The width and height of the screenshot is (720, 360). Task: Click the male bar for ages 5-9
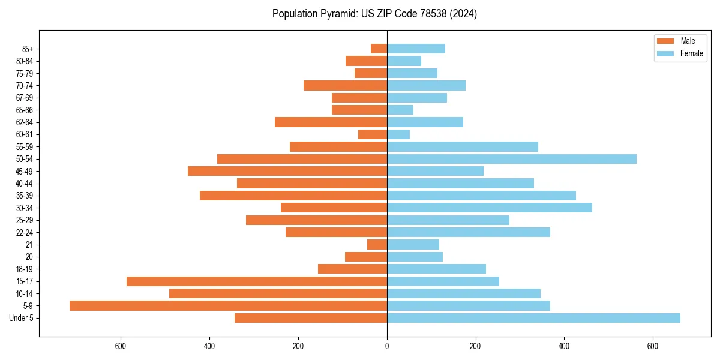[x=228, y=305]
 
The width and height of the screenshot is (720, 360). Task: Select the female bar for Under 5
[x=533, y=318]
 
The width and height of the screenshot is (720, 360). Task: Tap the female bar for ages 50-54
[x=511, y=159]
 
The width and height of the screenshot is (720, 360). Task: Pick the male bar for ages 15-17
[x=257, y=281]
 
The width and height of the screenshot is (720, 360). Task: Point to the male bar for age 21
[x=377, y=244]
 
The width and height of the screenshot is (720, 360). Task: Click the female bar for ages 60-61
[x=398, y=134]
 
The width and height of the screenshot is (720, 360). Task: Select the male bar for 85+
[x=379, y=49]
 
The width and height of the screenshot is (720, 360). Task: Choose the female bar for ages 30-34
[x=489, y=208]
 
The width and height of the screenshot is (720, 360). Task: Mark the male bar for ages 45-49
[x=287, y=171]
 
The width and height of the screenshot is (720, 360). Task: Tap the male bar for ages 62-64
[x=331, y=122]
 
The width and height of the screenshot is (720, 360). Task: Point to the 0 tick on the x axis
[x=387, y=346]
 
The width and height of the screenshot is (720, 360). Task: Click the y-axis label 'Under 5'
[x=21, y=318]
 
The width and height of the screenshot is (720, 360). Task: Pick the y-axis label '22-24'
[x=25, y=232]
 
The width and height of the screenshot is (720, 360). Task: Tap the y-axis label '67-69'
[x=25, y=98]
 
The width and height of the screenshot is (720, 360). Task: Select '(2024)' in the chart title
[x=466, y=14]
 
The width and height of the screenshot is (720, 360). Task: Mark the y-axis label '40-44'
[x=25, y=184]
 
